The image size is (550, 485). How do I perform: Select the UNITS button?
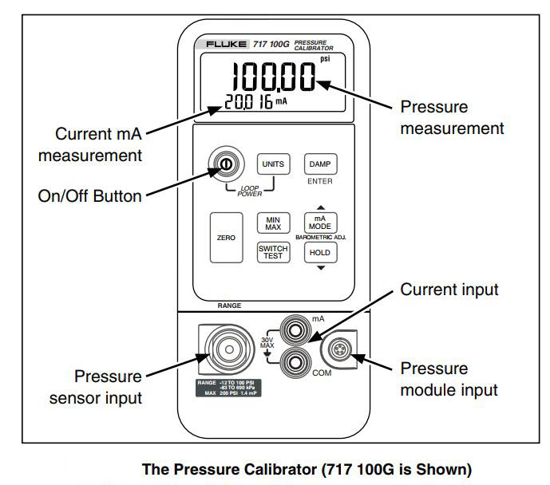271,164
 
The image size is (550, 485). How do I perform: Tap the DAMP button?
319,164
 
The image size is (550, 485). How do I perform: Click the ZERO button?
226,238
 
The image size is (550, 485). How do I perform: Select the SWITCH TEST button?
272,253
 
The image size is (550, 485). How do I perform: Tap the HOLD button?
319,253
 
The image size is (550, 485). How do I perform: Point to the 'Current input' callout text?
449,290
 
